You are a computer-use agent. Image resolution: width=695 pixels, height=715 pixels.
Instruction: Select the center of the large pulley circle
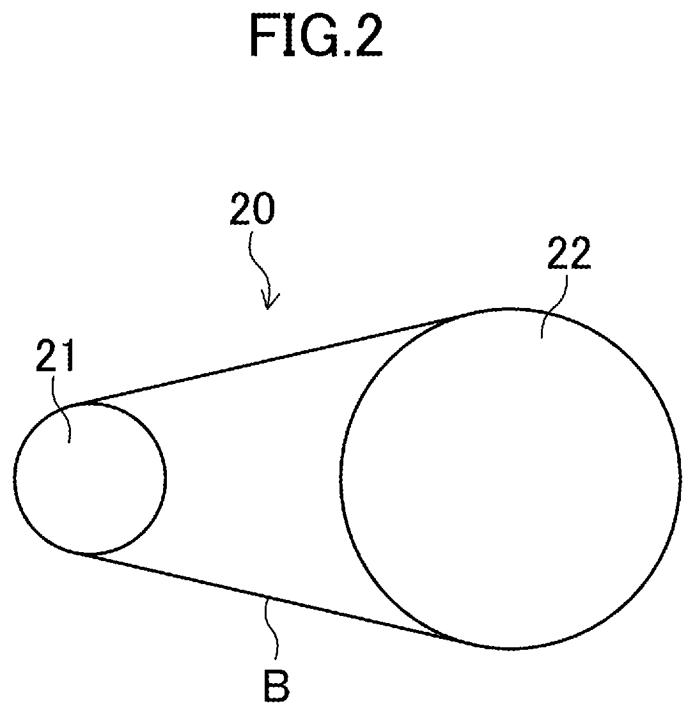point(510,478)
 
